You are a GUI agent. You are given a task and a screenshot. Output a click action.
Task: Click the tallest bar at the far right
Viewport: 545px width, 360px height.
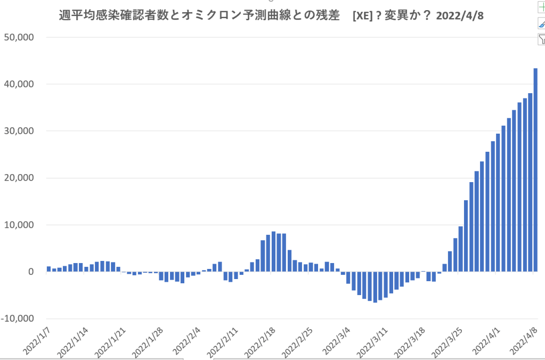[x=535, y=170]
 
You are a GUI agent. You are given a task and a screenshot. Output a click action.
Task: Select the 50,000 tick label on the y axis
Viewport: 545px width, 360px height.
[x=19, y=37]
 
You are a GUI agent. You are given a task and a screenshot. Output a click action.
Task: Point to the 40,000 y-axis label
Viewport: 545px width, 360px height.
[x=19, y=84]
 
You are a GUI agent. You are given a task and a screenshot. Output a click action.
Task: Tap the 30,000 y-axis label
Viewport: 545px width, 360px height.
[x=19, y=131]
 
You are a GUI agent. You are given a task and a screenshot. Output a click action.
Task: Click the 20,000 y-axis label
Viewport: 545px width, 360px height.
[x=19, y=178]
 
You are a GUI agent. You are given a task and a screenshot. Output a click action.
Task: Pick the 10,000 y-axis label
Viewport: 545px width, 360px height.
[x=19, y=225]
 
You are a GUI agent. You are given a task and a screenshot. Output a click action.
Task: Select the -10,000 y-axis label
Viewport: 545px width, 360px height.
[x=18, y=318]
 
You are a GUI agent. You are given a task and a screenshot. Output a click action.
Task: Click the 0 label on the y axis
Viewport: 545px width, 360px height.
[x=31, y=272]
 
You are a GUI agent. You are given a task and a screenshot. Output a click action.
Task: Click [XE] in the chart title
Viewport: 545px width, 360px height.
[x=362, y=16]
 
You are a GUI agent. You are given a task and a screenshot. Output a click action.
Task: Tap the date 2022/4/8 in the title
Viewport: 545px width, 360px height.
[x=459, y=16]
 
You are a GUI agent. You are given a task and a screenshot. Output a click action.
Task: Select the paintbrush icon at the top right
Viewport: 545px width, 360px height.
[x=541, y=23]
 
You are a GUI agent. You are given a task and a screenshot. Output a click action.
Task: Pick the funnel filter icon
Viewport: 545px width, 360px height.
[x=541, y=39]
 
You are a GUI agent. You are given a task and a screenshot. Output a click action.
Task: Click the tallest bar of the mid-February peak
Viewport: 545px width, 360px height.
[x=273, y=252]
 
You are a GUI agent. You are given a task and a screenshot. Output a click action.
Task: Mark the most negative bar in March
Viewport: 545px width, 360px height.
[x=375, y=287]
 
